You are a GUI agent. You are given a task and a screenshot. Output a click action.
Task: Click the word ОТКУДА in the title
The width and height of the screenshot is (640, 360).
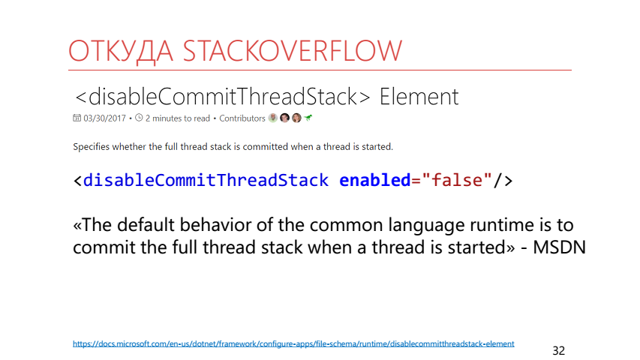[120, 52]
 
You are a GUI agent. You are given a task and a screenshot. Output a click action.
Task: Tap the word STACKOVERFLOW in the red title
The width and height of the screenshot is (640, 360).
[293, 51]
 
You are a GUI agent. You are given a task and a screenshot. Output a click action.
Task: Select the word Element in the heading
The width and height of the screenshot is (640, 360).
[419, 97]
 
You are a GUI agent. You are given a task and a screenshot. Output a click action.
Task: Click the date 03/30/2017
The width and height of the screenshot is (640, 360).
[104, 118]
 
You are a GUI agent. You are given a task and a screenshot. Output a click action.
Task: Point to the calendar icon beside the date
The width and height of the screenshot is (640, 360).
[77, 118]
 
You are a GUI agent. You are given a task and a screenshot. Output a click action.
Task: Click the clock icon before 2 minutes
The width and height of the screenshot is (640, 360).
[139, 118]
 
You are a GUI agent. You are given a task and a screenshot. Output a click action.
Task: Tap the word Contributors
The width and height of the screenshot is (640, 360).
[242, 118]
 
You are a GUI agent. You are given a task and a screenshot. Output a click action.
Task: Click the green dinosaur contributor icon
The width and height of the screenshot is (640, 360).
[308, 118]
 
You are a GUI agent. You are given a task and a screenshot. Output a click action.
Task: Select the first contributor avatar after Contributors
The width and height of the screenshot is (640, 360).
[272, 118]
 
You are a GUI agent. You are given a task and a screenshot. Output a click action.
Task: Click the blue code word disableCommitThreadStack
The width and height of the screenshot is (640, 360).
[206, 181]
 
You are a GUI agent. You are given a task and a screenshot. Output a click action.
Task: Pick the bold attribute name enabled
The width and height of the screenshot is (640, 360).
[374, 181]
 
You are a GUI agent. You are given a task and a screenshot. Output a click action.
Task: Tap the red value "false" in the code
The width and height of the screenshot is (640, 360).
[457, 180]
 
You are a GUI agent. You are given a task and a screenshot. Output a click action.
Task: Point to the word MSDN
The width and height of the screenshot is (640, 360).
[559, 247]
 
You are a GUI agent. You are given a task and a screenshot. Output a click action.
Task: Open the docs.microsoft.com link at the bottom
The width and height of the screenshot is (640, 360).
[293, 343]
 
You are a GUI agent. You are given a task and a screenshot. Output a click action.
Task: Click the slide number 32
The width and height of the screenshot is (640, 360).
[559, 350]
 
